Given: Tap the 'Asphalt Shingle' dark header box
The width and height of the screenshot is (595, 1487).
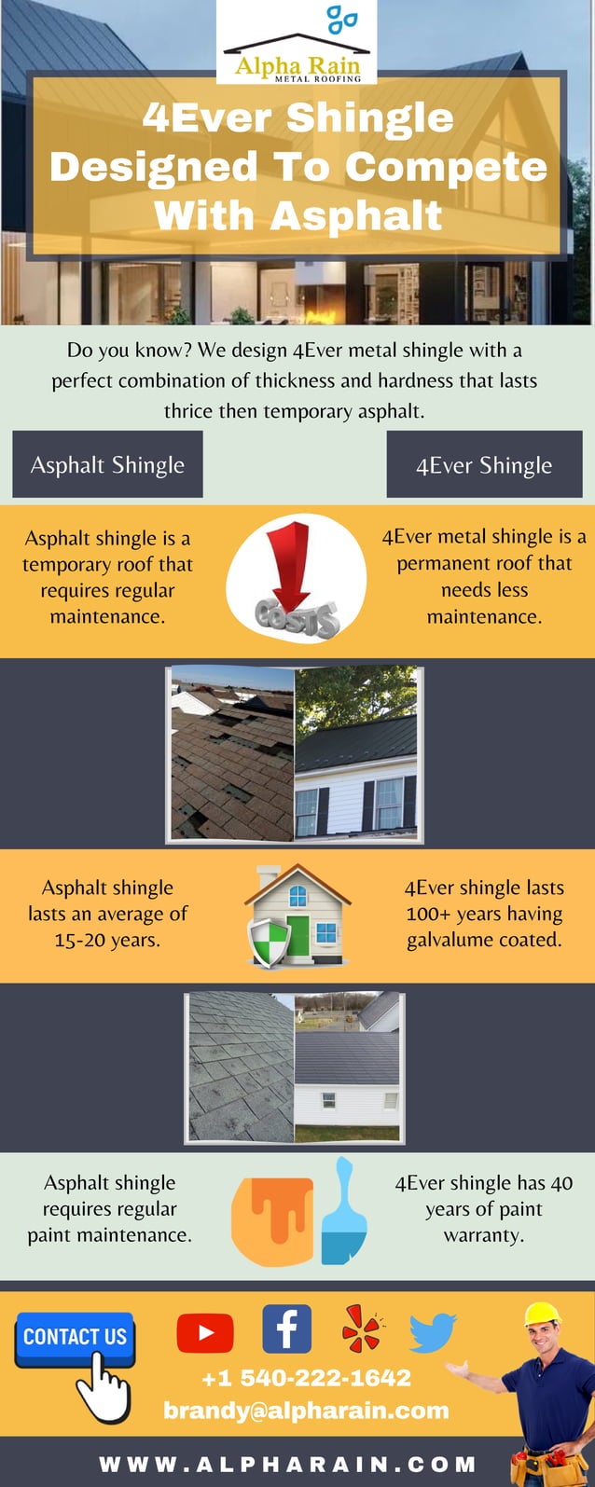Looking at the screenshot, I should click(107, 464).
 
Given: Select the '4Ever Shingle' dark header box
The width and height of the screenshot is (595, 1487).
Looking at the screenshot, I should click(484, 464).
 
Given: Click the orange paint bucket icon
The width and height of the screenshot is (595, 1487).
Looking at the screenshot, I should click(271, 1219).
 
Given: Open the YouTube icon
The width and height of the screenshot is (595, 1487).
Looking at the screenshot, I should click(204, 1332).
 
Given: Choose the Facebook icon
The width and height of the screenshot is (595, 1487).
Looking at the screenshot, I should click(286, 1329).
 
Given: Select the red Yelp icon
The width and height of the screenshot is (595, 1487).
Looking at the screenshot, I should click(361, 1329).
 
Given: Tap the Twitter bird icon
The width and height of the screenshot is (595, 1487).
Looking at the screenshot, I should click(433, 1331).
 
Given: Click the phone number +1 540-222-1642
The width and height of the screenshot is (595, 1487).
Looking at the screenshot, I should click(306, 1377).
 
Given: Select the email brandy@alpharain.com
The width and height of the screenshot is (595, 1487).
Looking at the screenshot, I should click(306, 1410).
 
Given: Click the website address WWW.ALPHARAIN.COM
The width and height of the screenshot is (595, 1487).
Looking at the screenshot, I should click(287, 1464).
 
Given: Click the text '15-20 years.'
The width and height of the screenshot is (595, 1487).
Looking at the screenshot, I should click(107, 940).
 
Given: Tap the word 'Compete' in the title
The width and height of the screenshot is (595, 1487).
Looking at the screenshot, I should click(445, 167).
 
